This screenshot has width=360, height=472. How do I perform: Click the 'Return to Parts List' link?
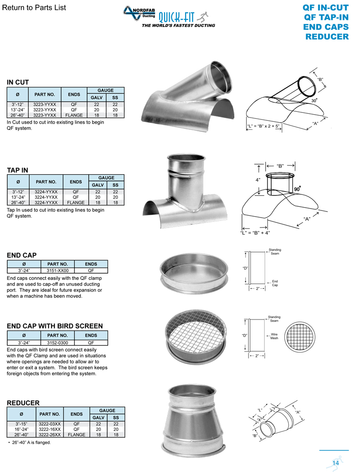tap(34, 8)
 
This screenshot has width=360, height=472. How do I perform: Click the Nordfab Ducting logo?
tap(139, 14)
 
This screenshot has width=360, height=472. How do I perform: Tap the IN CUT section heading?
tap(18, 82)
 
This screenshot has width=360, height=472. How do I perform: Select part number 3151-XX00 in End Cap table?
tap(58, 270)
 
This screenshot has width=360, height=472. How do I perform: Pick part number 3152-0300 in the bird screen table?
tap(58, 343)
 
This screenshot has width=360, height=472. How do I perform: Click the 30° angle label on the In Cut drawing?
tap(314, 100)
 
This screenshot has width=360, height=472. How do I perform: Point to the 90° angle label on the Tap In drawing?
tap(297, 189)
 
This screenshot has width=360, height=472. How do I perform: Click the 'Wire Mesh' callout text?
tap(274, 336)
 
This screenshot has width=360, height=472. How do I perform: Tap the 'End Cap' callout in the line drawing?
tap(275, 283)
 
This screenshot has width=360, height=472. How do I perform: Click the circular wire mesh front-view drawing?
tap(300, 337)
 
